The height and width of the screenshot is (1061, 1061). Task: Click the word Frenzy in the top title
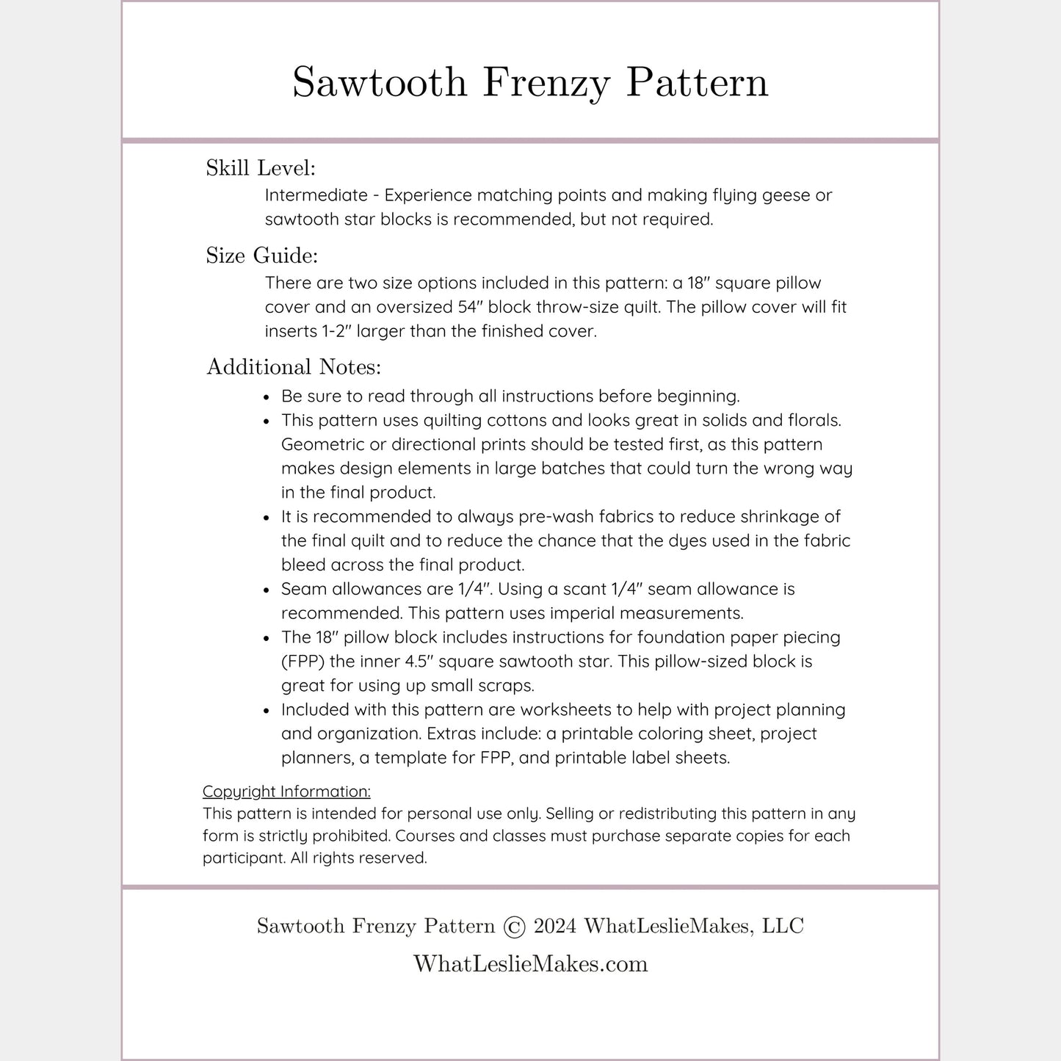[x=546, y=82]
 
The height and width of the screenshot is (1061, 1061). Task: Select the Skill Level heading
[x=261, y=168]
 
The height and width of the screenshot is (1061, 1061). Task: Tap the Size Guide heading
[x=261, y=256]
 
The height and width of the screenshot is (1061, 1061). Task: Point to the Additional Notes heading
[x=294, y=366]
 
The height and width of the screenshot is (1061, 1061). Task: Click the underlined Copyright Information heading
[x=286, y=792]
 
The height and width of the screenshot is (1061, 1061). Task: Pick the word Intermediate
[x=316, y=195]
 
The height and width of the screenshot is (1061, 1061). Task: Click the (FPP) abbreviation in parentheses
[x=303, y=662]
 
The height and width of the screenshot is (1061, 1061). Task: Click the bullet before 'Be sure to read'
[x=267, y=397]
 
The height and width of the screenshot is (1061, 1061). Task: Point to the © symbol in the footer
[x=515, y=927]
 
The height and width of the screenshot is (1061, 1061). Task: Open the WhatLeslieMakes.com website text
[x=530, y=963]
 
